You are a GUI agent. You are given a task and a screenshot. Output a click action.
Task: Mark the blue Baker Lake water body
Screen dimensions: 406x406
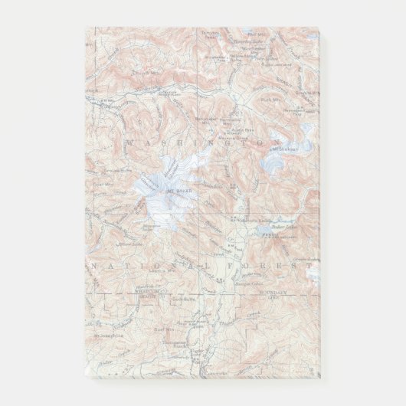273,237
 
